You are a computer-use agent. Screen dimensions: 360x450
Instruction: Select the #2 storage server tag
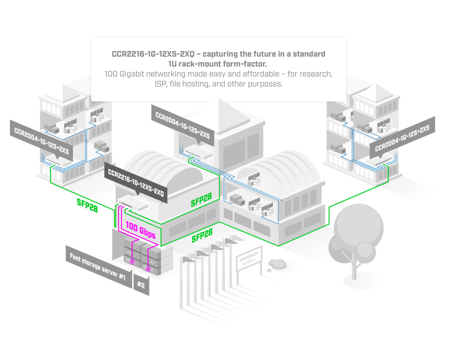point(141,285)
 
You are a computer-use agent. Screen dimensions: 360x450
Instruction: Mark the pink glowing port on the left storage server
point(132,260)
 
